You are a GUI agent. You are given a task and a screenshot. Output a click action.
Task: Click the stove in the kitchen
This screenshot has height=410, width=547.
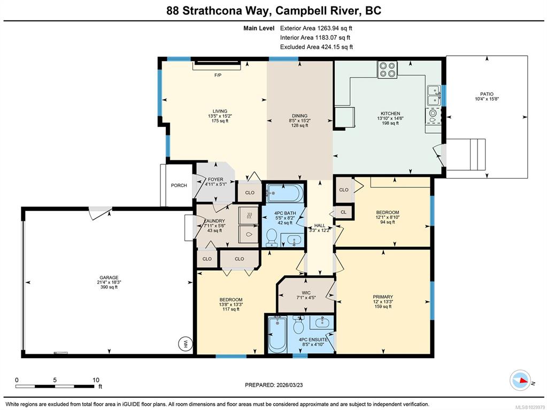pos(388,70)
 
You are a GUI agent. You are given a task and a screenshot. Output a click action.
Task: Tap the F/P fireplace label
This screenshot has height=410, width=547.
pos(218,75)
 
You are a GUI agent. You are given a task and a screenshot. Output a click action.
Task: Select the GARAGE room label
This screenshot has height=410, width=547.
pos(109,278)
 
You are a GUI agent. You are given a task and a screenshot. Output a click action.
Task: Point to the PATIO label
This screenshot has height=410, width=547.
pos(487,94)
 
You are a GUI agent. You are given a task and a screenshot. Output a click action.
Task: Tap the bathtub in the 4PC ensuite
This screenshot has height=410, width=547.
pos(278,333)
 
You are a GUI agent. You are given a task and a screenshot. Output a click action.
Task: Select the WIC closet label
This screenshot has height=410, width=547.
pos(306,293)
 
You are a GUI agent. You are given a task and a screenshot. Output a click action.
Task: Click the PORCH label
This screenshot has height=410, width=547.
pos(179,185)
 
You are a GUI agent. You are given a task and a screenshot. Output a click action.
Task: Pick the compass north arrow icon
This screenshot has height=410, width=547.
pos(520,381)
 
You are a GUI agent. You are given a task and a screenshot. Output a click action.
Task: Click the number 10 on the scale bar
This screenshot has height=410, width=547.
pos(96,380)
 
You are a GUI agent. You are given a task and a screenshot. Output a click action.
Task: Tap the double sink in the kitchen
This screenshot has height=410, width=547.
pos(434,95)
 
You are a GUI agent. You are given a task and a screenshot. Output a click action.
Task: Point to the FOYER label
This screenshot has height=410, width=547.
pos(215,179)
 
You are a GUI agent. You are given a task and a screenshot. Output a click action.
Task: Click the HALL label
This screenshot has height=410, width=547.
pos(320,225)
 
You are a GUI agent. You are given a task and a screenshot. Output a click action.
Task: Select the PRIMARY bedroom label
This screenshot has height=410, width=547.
pos(383,297)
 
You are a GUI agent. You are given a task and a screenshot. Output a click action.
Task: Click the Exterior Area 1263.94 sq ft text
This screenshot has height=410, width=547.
pos(314,28)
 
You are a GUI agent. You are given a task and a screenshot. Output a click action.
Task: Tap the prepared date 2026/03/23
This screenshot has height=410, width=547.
pos(288,385)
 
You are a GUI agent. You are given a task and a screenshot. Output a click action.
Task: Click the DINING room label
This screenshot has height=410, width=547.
pos(299,116)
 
